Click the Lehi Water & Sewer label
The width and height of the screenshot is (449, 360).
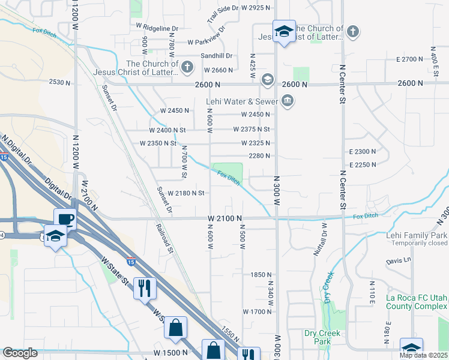[x=243, y=101]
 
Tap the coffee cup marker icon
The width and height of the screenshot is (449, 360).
[x=65, y=218]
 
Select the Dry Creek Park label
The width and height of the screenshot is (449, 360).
[x=322, y=337]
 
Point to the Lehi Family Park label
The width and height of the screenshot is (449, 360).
[x=417, y=235]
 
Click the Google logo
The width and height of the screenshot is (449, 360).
[x=20, y=353]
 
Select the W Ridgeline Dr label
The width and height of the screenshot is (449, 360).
[x=157, y=28]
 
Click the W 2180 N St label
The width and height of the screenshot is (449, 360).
[x=187, y=193]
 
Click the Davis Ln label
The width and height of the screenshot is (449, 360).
[x=399, y=260]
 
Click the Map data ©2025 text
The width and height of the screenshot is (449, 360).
[x=423, y=355]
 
